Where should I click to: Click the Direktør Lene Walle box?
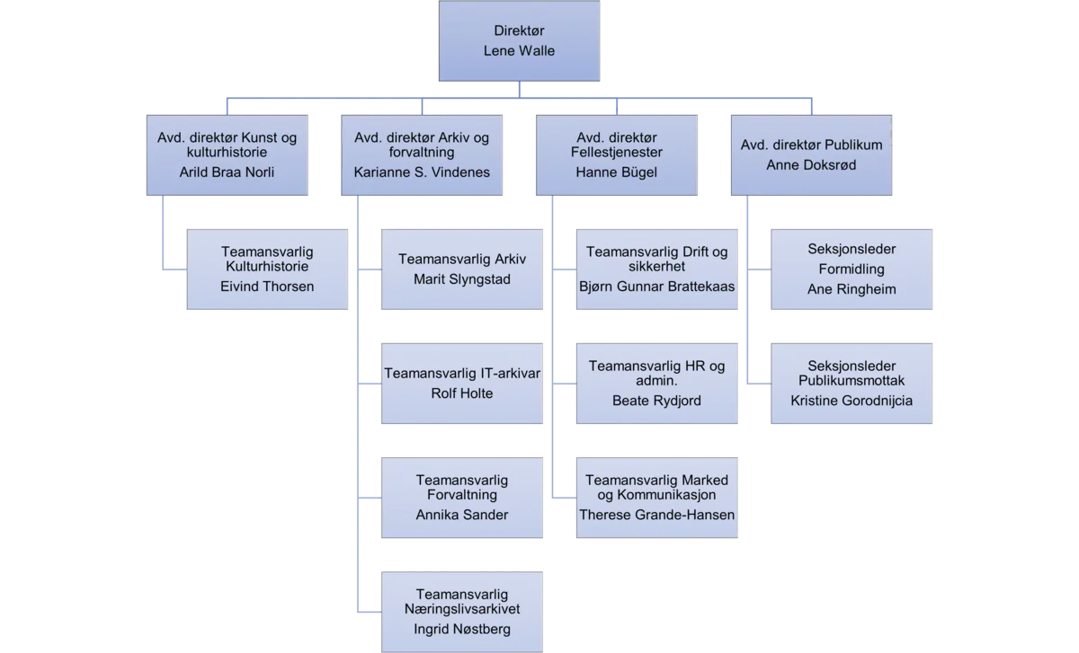520,41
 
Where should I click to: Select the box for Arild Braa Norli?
227,154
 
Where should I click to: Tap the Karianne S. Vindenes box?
422,154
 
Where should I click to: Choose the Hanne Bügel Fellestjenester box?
616,154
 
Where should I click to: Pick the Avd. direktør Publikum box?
811,154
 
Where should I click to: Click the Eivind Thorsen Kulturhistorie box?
268,269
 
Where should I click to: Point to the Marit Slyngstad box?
462,269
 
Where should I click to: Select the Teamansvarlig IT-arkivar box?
462,383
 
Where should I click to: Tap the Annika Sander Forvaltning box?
462,497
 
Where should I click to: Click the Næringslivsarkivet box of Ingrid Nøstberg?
462,611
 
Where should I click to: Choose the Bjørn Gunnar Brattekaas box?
657,269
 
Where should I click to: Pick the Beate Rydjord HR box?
657,383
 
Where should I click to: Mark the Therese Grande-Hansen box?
657,497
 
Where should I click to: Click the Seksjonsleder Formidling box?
852,269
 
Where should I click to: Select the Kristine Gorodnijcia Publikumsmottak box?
852,383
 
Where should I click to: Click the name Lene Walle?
520,50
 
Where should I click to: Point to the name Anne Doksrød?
811,164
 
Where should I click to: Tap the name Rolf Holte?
462,393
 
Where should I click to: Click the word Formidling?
852,269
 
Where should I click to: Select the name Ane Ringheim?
852,288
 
